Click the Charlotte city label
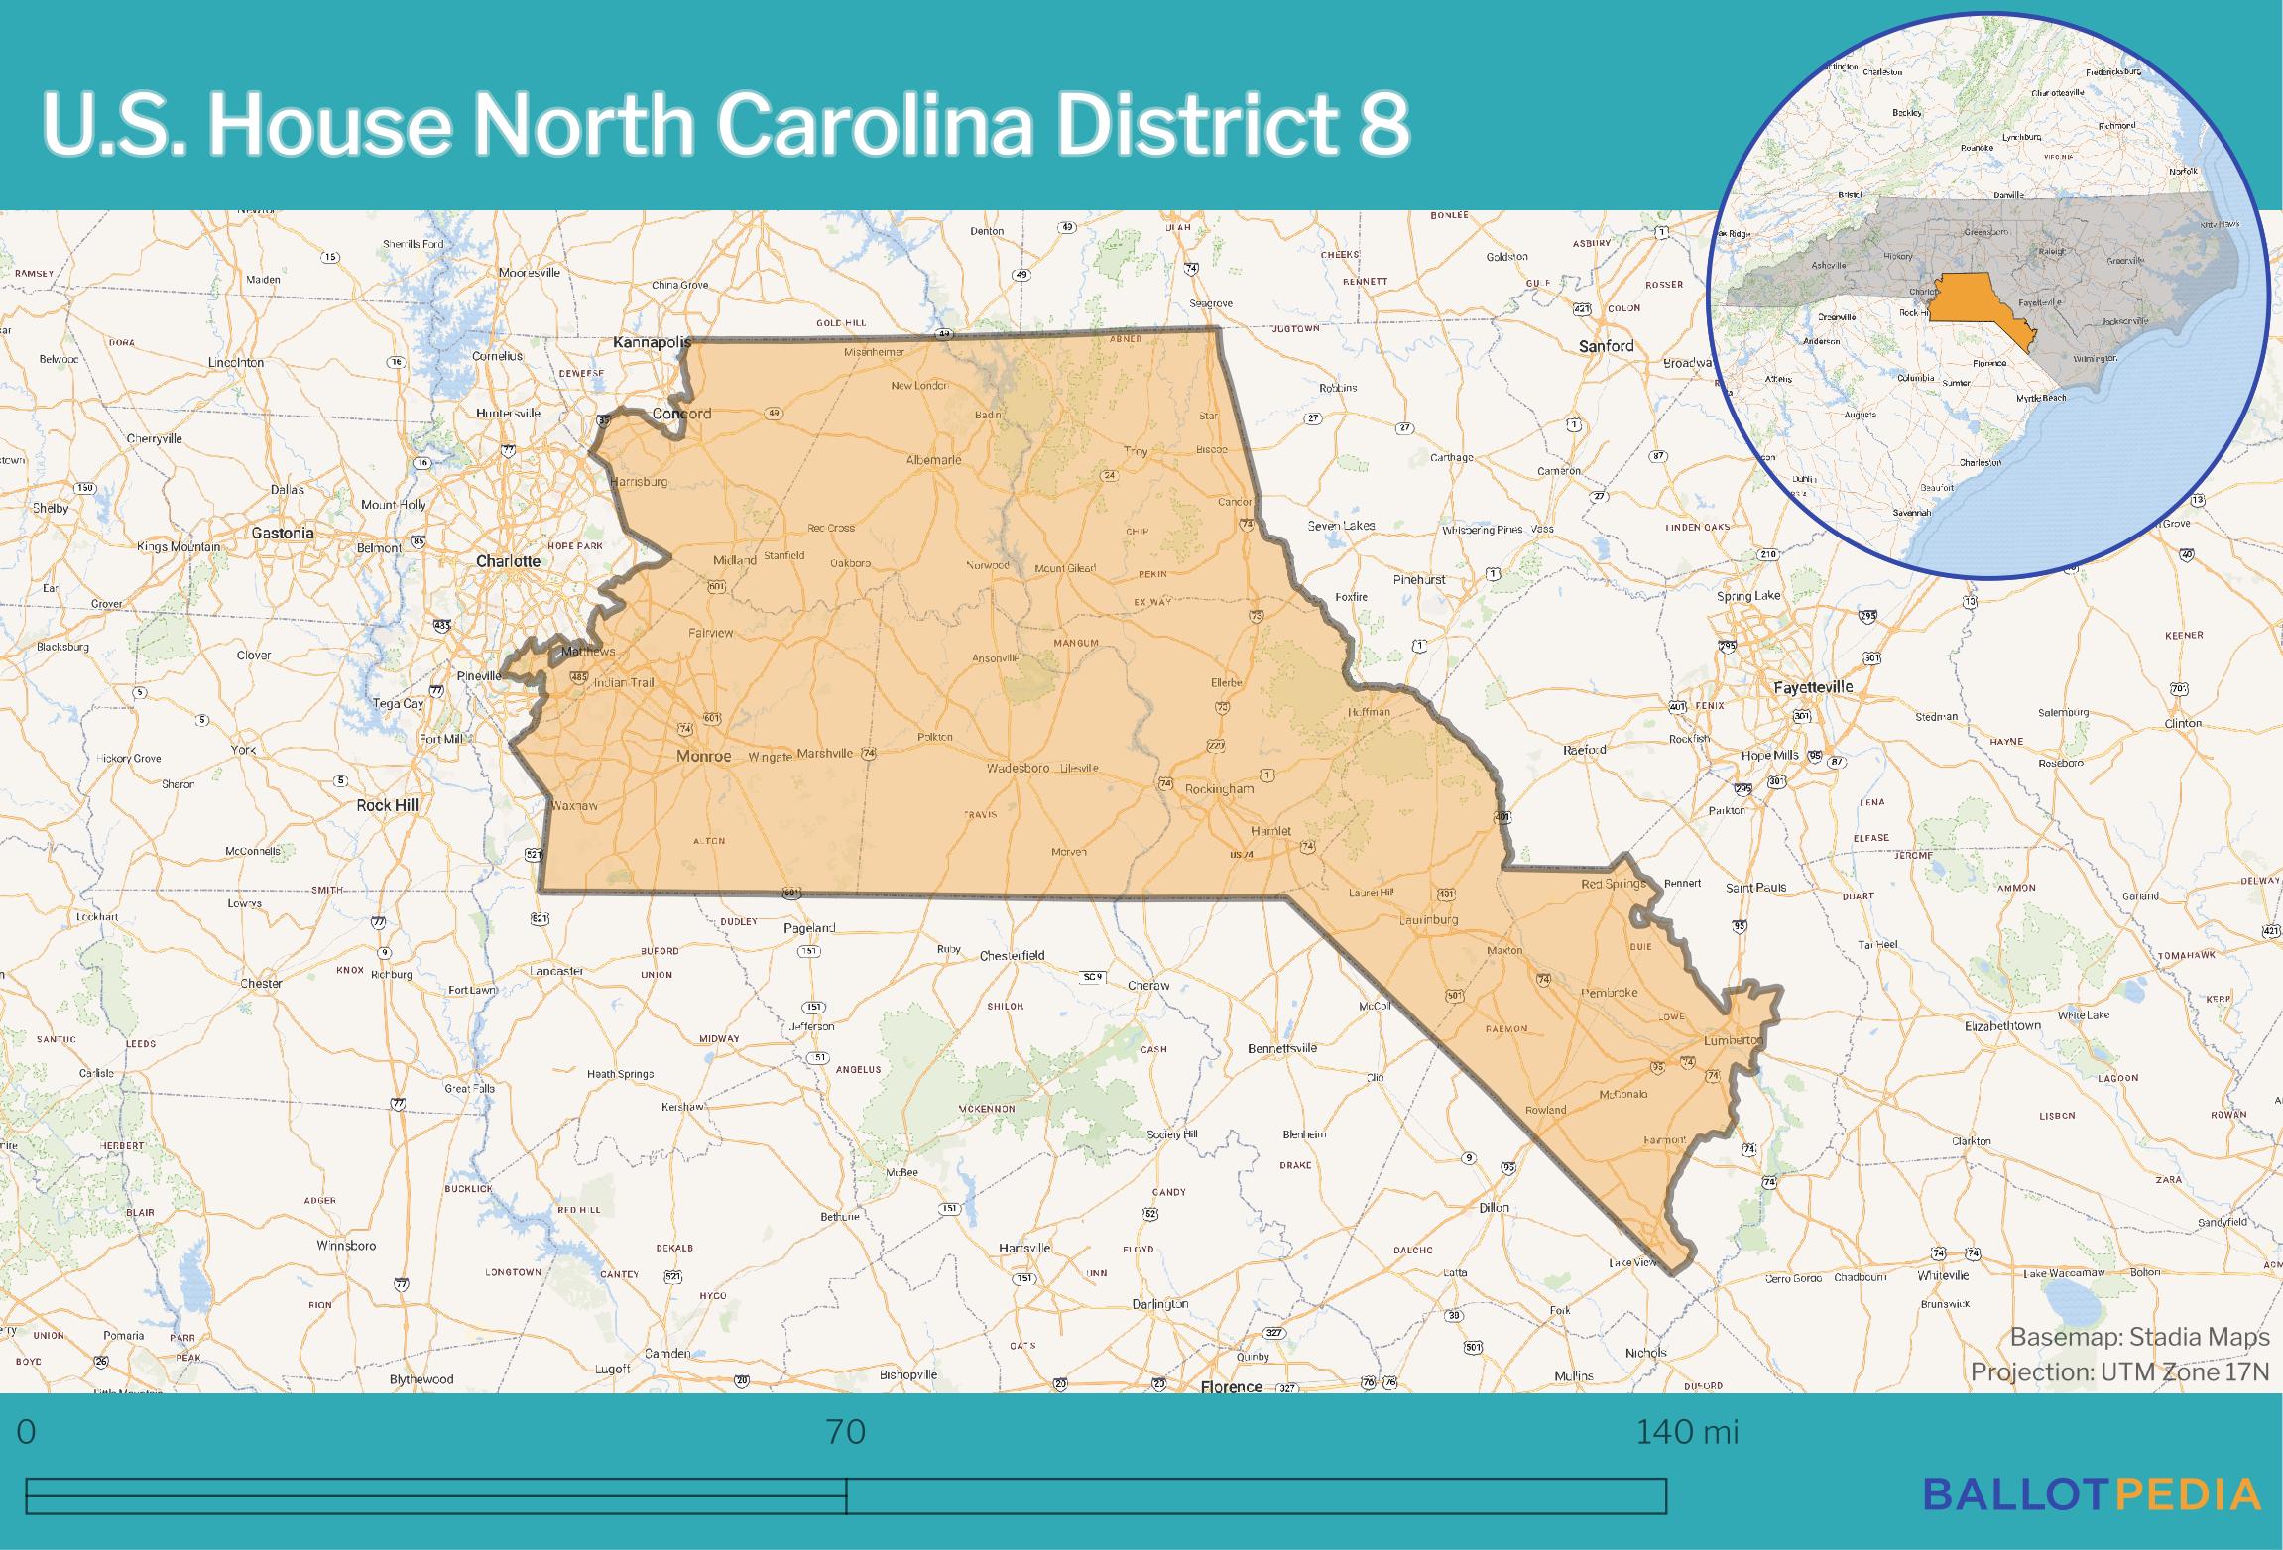click(508, 561)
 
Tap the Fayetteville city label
click(1812, 686)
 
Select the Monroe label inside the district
click(703, 756)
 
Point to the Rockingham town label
click(1220, 789)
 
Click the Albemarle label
click(933, 460)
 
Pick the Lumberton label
click(1733, 1040)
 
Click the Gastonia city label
click(283, 533)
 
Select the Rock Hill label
click(387, 805)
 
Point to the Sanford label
click(1606, 346)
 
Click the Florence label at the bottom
click(1231, 1386)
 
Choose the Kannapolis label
click(652, 342)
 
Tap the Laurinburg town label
click(1428, 919)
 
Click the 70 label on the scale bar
click(845, 1432)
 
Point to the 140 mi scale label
click(1686, 1432)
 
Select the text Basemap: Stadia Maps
click(2139, 1338)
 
